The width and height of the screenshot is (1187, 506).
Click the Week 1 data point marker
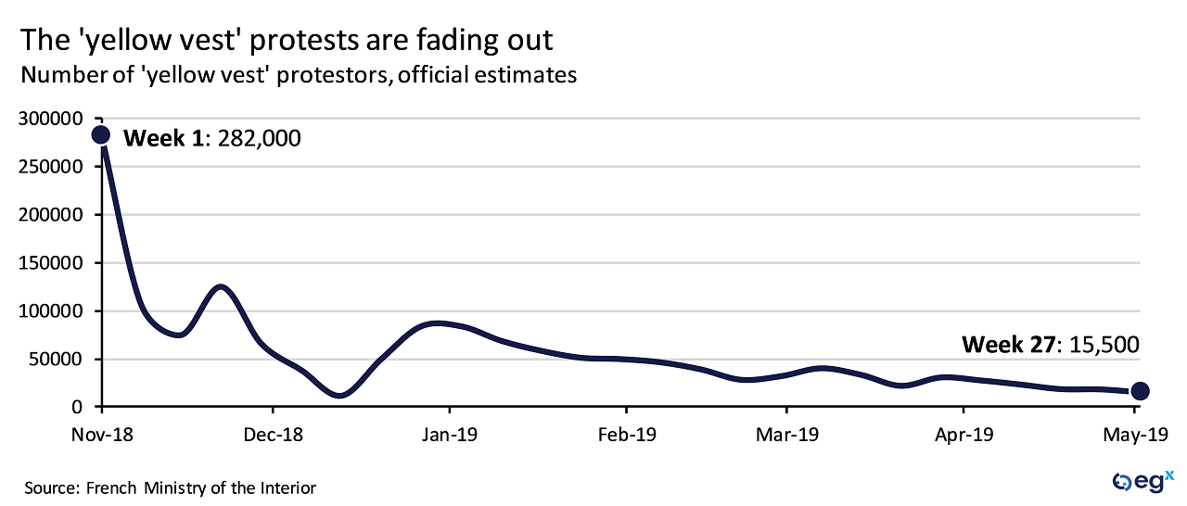(101, 135)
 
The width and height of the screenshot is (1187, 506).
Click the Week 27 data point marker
(1140, 391)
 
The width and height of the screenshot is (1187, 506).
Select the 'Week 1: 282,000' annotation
(212, 138)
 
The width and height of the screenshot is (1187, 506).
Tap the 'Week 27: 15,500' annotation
(1050, 346)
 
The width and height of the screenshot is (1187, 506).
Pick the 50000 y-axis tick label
(57, 360)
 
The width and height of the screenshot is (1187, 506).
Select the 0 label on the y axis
(78, 408)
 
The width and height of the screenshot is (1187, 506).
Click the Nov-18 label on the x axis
(102, 434)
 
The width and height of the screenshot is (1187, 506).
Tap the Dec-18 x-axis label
(273, 434)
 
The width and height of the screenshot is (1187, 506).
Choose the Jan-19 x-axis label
(450, 434)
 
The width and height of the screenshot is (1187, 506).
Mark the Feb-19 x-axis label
(627, 434)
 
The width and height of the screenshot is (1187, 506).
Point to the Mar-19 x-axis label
(787, 434)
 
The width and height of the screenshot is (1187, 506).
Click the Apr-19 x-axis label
(964, 434)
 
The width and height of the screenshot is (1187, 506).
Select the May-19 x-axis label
(1140, 434)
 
